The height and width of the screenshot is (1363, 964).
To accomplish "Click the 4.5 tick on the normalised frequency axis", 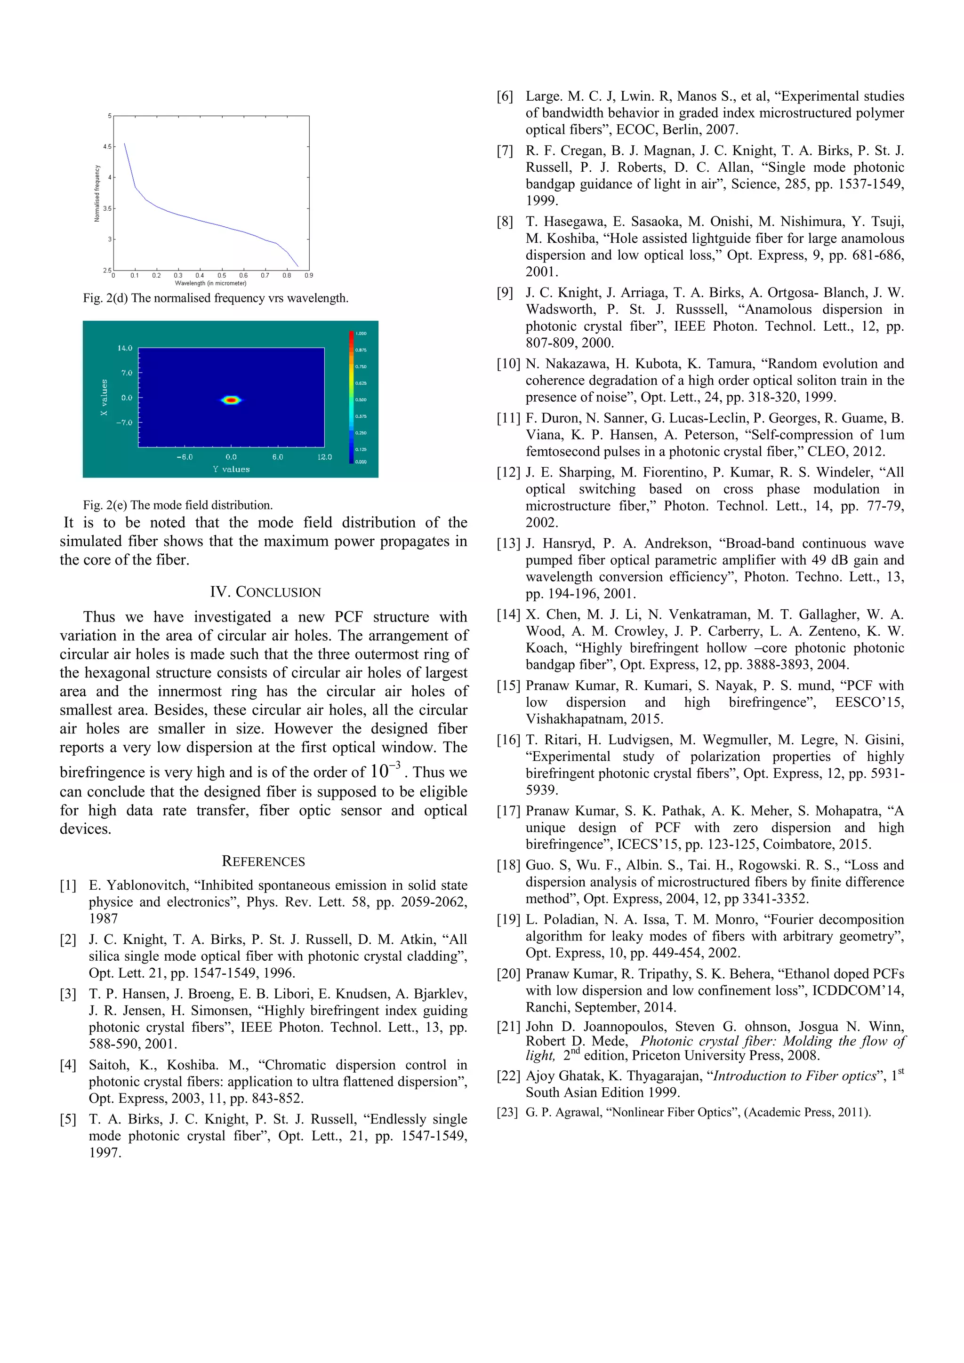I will tap(107, 147).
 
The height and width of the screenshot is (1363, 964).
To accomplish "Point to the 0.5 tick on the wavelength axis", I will tap(222, 275).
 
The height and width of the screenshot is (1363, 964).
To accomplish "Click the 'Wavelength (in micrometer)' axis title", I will tap(210, 283).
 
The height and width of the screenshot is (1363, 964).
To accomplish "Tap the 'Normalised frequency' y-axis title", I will tap(97, 193).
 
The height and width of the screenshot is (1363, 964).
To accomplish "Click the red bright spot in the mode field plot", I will tap(232, 400).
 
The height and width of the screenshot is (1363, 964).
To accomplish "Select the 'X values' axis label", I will tap(104, 397).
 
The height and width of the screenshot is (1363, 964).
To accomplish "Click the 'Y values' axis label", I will tap(231, 469).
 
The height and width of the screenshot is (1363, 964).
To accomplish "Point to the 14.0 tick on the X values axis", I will tap(125, 348).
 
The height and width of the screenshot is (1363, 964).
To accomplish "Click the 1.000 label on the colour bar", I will tap(361, 334).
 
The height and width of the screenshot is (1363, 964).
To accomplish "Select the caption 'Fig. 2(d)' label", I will tap(106, 298).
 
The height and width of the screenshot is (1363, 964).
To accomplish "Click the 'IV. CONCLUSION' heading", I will tap(265, 592).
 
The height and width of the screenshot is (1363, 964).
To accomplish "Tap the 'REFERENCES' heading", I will tap(263, 861).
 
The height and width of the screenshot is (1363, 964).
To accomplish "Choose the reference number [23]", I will tap(508, 1113).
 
